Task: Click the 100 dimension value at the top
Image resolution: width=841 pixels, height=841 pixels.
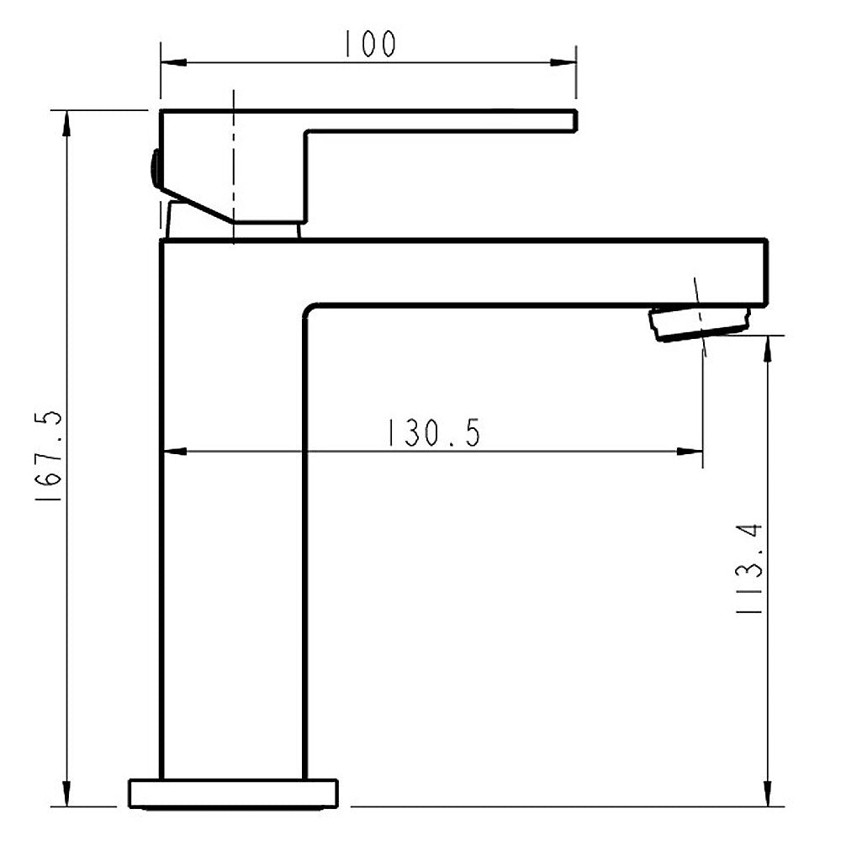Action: coord(368,44)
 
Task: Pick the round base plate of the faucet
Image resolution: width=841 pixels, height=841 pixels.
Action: coord(233,793)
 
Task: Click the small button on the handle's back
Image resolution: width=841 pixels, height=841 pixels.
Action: coord(154,168)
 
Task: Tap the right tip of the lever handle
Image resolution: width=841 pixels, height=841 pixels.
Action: coord(574,120)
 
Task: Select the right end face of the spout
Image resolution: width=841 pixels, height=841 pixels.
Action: coord(765,272)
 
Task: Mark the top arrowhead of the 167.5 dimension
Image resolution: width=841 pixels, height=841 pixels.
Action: coord(66,121)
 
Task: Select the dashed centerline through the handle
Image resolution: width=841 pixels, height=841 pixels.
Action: coord(232,160)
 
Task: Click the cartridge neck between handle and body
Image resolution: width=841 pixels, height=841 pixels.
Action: coord(266,231)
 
